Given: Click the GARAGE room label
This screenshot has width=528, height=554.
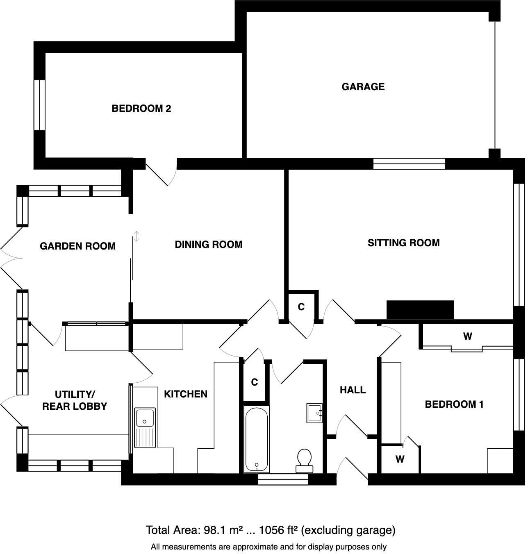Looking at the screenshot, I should click(x=363, y=87).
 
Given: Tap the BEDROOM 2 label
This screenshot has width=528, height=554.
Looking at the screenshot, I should click(x=141, y=109).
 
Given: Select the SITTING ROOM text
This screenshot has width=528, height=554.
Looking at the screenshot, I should click(x=403, y=243).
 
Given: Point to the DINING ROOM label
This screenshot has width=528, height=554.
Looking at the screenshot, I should click(x=208, y=245).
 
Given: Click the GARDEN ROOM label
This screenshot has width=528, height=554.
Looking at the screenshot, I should click(x=77, y=246).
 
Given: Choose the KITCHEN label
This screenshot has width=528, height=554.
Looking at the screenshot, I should click(x=186, y=394).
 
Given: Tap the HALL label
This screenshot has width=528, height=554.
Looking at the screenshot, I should click(x=353, y=390).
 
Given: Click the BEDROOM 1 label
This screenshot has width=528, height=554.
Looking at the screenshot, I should click(x=454, y=405).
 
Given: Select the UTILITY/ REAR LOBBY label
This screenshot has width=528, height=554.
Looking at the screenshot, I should click(x=75, y=400).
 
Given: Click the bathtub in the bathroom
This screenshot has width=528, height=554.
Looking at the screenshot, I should click(x=257, y=439).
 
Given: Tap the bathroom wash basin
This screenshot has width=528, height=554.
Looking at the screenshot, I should click(x=315, y=413).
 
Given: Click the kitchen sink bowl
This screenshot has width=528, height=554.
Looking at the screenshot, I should click(x=145, y=417).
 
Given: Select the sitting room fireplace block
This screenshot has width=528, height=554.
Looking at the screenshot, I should click(x=420, y=310).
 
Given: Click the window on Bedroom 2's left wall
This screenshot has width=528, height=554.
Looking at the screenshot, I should click(x=39, y=105).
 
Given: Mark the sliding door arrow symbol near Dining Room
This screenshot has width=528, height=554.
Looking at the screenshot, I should click(x=137, y=236).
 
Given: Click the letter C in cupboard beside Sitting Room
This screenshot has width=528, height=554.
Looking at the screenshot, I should click(x=301, y=307).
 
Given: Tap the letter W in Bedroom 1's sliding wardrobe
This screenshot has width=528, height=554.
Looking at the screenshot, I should click(x=467, y=337).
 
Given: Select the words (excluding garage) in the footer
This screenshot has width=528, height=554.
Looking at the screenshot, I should click(x=348, y=530).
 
